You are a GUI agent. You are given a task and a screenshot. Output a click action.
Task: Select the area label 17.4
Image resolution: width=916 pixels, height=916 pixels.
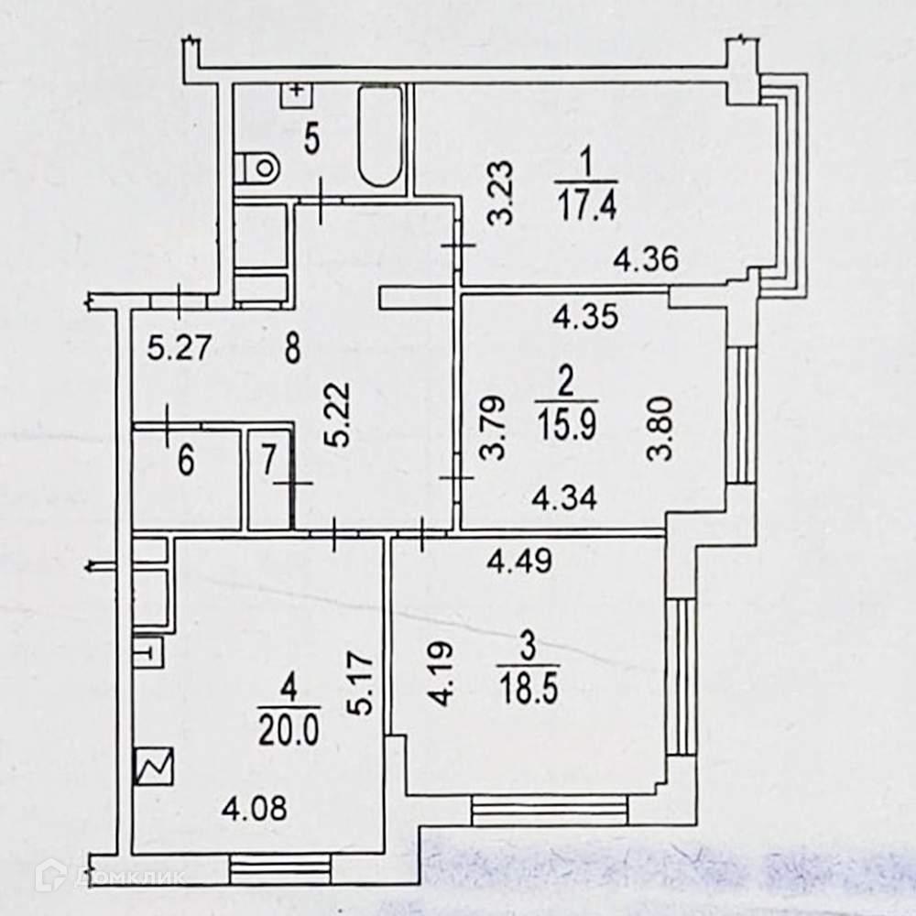tap(586, 200)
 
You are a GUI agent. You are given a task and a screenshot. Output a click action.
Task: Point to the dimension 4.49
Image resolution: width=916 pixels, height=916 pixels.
tap(519, 561)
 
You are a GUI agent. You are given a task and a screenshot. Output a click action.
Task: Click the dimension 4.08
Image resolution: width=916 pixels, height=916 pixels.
tap(256, 809)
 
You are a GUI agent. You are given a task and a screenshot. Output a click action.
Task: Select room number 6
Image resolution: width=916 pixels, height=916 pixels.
tap(186, 462)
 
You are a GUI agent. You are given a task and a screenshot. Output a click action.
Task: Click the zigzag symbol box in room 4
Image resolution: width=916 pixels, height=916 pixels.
tap(153, 767)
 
